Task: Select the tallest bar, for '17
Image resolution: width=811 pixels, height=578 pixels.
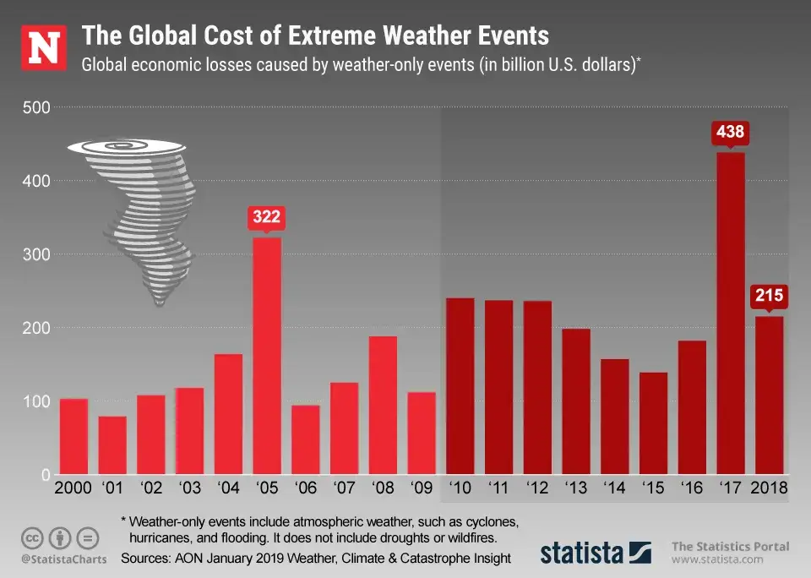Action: coord(731,313)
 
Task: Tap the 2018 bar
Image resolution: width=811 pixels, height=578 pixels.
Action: coord(770,395)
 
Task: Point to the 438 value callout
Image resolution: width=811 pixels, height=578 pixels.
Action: coord(731,133)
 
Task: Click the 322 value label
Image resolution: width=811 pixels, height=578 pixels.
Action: coord(267,217)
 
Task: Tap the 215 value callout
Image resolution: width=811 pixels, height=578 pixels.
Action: coord(770,297)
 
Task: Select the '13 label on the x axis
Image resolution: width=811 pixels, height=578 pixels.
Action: coord(576,488)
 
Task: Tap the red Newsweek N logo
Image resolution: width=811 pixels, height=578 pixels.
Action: coord(43,47)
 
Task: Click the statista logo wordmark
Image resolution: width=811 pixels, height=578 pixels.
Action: coord(583,553)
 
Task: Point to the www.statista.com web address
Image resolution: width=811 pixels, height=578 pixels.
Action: coord(718,559)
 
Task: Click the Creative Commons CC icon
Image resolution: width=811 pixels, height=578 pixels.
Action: coord(33,537)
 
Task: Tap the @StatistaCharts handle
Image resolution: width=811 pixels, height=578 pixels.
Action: coord(60,559)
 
